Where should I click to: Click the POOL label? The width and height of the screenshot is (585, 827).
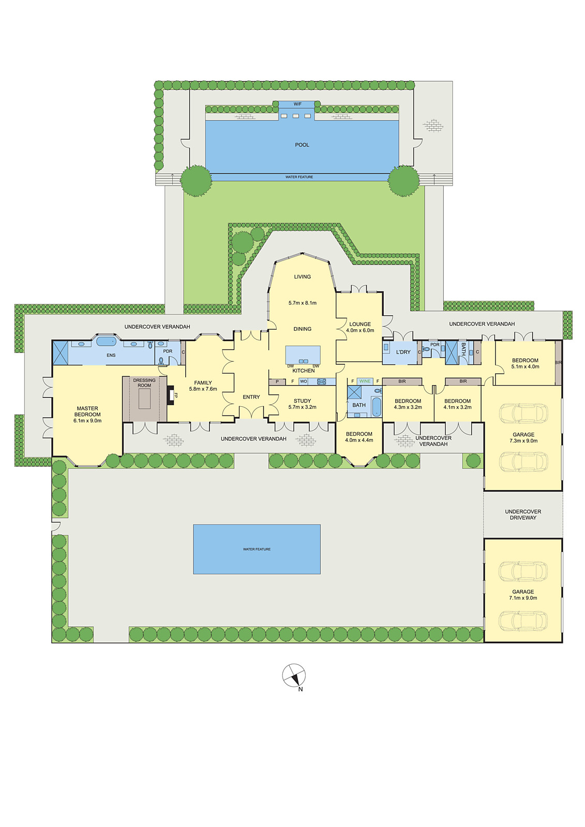pyautogui.click(x=302, y=145)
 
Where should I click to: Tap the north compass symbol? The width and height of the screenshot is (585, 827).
pyautogui.click(x=294, y=675)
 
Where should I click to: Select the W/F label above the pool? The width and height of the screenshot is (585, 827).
pyautogui.click(x=297, y=104)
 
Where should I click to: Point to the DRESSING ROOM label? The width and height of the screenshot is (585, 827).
pyautogui.click(x=144, y=383)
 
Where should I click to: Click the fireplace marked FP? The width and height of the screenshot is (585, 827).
pyautogui.click(x=170, y=395)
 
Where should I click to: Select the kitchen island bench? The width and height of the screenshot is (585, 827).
pyautogui.click(x=303, y=355)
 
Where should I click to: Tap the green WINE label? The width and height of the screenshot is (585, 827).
pyautogui.click(x=365, y=381)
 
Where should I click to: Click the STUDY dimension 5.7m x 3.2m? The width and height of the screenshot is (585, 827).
pyautogui.click(x=302, y=407)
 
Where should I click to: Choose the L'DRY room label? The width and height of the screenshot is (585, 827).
pyautogui.click(x=403, y=352)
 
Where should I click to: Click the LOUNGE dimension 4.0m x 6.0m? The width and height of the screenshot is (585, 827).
pyautogui.click(x=360, y=330)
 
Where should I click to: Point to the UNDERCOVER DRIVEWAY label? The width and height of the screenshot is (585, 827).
pyautogui.click(x=523, y=515)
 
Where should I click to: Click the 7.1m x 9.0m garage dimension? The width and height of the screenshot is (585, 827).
pyautogui.click(x=523, y=598)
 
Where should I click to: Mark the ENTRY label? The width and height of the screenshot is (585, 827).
pyautogui.click(x=251, y=397)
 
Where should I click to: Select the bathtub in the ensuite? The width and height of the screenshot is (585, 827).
pyautogui.click(x=107, y=341)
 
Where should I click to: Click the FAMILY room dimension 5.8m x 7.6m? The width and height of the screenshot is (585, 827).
pyautogui.click(x=203, y=389)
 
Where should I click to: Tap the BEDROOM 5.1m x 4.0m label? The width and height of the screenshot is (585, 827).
pyautogui.click(x=525, y=363)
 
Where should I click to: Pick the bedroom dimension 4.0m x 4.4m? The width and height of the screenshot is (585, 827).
pyautogui.click(x=359, y=440)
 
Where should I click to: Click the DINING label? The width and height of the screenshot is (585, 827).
pyautogui.click(x=302, y=329)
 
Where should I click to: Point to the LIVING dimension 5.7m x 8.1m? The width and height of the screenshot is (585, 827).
pyautogui.click(x=302, y=303)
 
